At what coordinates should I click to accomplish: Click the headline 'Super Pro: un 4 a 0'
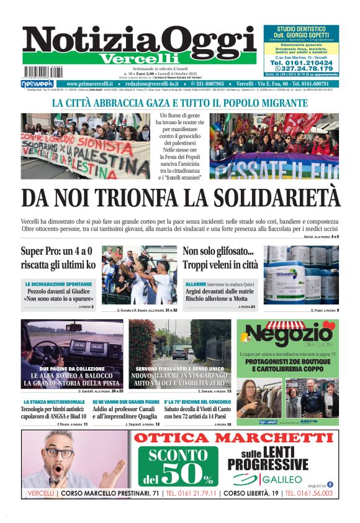tap(56, 252)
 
